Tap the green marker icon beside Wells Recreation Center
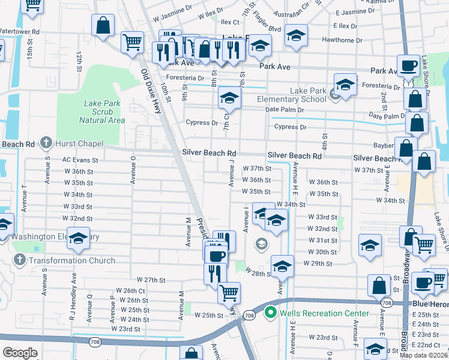pos(270,313)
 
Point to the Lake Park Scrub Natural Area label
pos(102,112)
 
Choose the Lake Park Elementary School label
pos(291,95)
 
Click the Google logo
pos(20,352)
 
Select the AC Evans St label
pos(80,160)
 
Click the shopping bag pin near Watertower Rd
pos(103,26)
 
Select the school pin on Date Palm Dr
pos(229,98)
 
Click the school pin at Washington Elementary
pos(78,239)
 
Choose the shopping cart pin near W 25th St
pos(229,293)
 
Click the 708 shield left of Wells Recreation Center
pos(249,315)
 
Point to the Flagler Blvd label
pos(267,29)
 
